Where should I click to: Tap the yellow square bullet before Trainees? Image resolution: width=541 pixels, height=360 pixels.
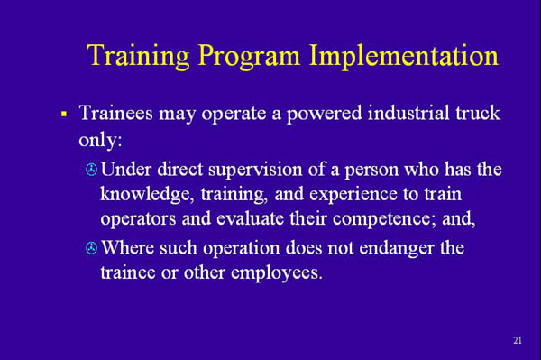tap(64, 115)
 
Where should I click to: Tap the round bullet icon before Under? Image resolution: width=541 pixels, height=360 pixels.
tap(90, 170)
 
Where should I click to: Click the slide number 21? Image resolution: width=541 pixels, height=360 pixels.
tap(517, 340)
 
